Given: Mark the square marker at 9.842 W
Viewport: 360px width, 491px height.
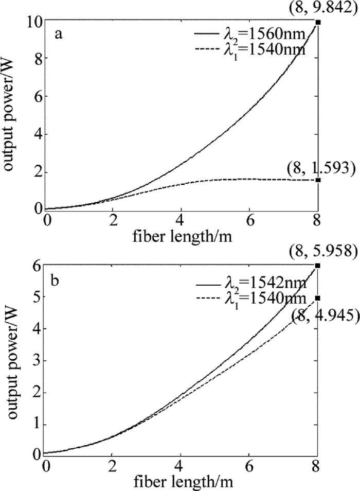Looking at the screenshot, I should pyautogui.click(x=318, y=22).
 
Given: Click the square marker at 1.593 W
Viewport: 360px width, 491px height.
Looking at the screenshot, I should pyautogui.click(x=318, y=180).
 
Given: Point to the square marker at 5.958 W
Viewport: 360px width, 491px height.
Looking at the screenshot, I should pyautogui.click(x=318, y=251).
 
